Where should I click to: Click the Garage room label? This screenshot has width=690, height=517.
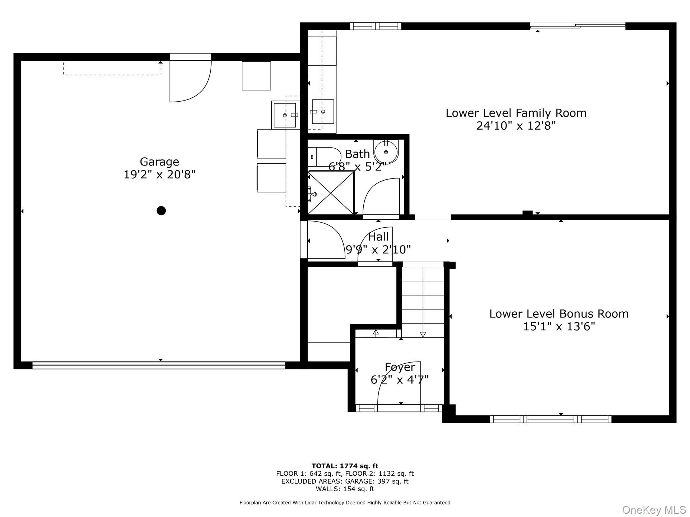pyautogui.click(x=159, y=162)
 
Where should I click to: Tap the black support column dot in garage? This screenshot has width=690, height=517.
pyautogui.click(x=161, y=210)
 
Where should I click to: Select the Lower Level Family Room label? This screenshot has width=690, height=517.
pyautogui.click(x=516, y=113)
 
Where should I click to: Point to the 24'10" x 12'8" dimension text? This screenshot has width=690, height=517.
pyautogui.click(x=516, y=126)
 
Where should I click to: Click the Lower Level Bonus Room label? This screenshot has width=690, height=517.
pyautogui.click(x=559, y=314)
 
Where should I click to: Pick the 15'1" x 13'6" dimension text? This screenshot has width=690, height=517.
pyautogui.click(x=559, y=327)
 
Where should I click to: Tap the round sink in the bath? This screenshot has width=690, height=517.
pyautogui.click(x=386, y=152)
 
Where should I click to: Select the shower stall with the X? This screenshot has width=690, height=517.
pyautogui.click(x=331, y=193)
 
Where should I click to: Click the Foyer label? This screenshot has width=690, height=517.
pyautogui.click(x=400, y=367)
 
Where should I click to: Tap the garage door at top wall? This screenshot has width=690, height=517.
pyautogui.click(x=190, y=78)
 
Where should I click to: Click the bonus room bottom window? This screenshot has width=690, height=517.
pyautogui.click(x=551, y=419)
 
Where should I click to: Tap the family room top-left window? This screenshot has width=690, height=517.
pyautogui.click(x=376, y=26)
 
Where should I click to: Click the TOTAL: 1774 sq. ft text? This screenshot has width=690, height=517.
pyautogui.click(x=345, y=466)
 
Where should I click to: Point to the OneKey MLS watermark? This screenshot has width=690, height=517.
pyautogui.click(x=654, y=510)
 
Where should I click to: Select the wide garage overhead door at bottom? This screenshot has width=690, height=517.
pyautogui.click(x=158, y=365)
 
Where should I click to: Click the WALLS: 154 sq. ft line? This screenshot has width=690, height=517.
pyautogui.click(x=345, y=489)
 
